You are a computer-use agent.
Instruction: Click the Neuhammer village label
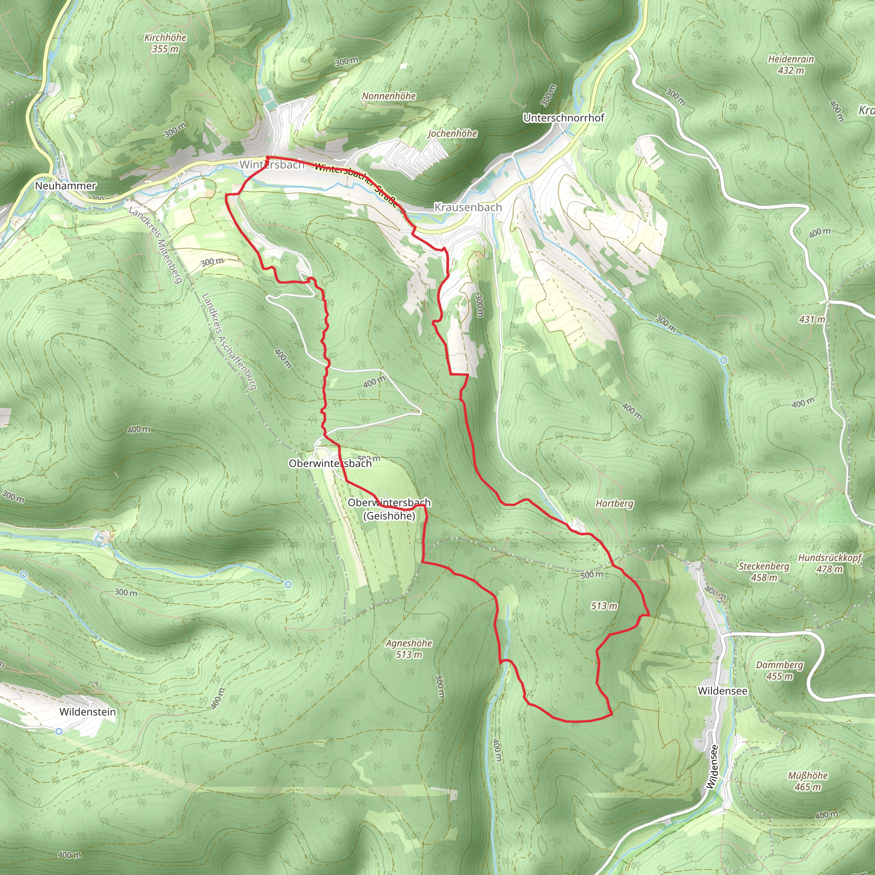(65, 186)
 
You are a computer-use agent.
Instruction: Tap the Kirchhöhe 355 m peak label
(165, 43)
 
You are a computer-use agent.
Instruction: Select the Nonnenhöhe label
(389, 96)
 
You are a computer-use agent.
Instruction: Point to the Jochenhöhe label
(452, 133)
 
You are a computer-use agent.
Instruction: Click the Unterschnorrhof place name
(564, 118)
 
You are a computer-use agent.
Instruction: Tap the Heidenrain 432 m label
(791, 65)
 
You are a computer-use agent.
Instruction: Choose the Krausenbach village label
(468, 207)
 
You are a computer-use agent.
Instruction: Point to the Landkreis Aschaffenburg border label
(229, 341)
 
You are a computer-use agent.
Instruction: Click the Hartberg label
(614, 503)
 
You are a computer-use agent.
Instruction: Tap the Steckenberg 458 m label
(763, 572)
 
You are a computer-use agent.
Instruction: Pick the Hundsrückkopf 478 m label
(830, 564)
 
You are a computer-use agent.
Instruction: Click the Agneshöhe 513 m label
(408, 649)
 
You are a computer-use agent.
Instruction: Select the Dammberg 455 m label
(779, 670)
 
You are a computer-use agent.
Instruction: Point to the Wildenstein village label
(88, 711)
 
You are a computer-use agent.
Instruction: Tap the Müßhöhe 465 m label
(807, 781)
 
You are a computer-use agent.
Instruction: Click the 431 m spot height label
(812, 319)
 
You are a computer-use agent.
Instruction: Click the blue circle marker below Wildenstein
(59, 731)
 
